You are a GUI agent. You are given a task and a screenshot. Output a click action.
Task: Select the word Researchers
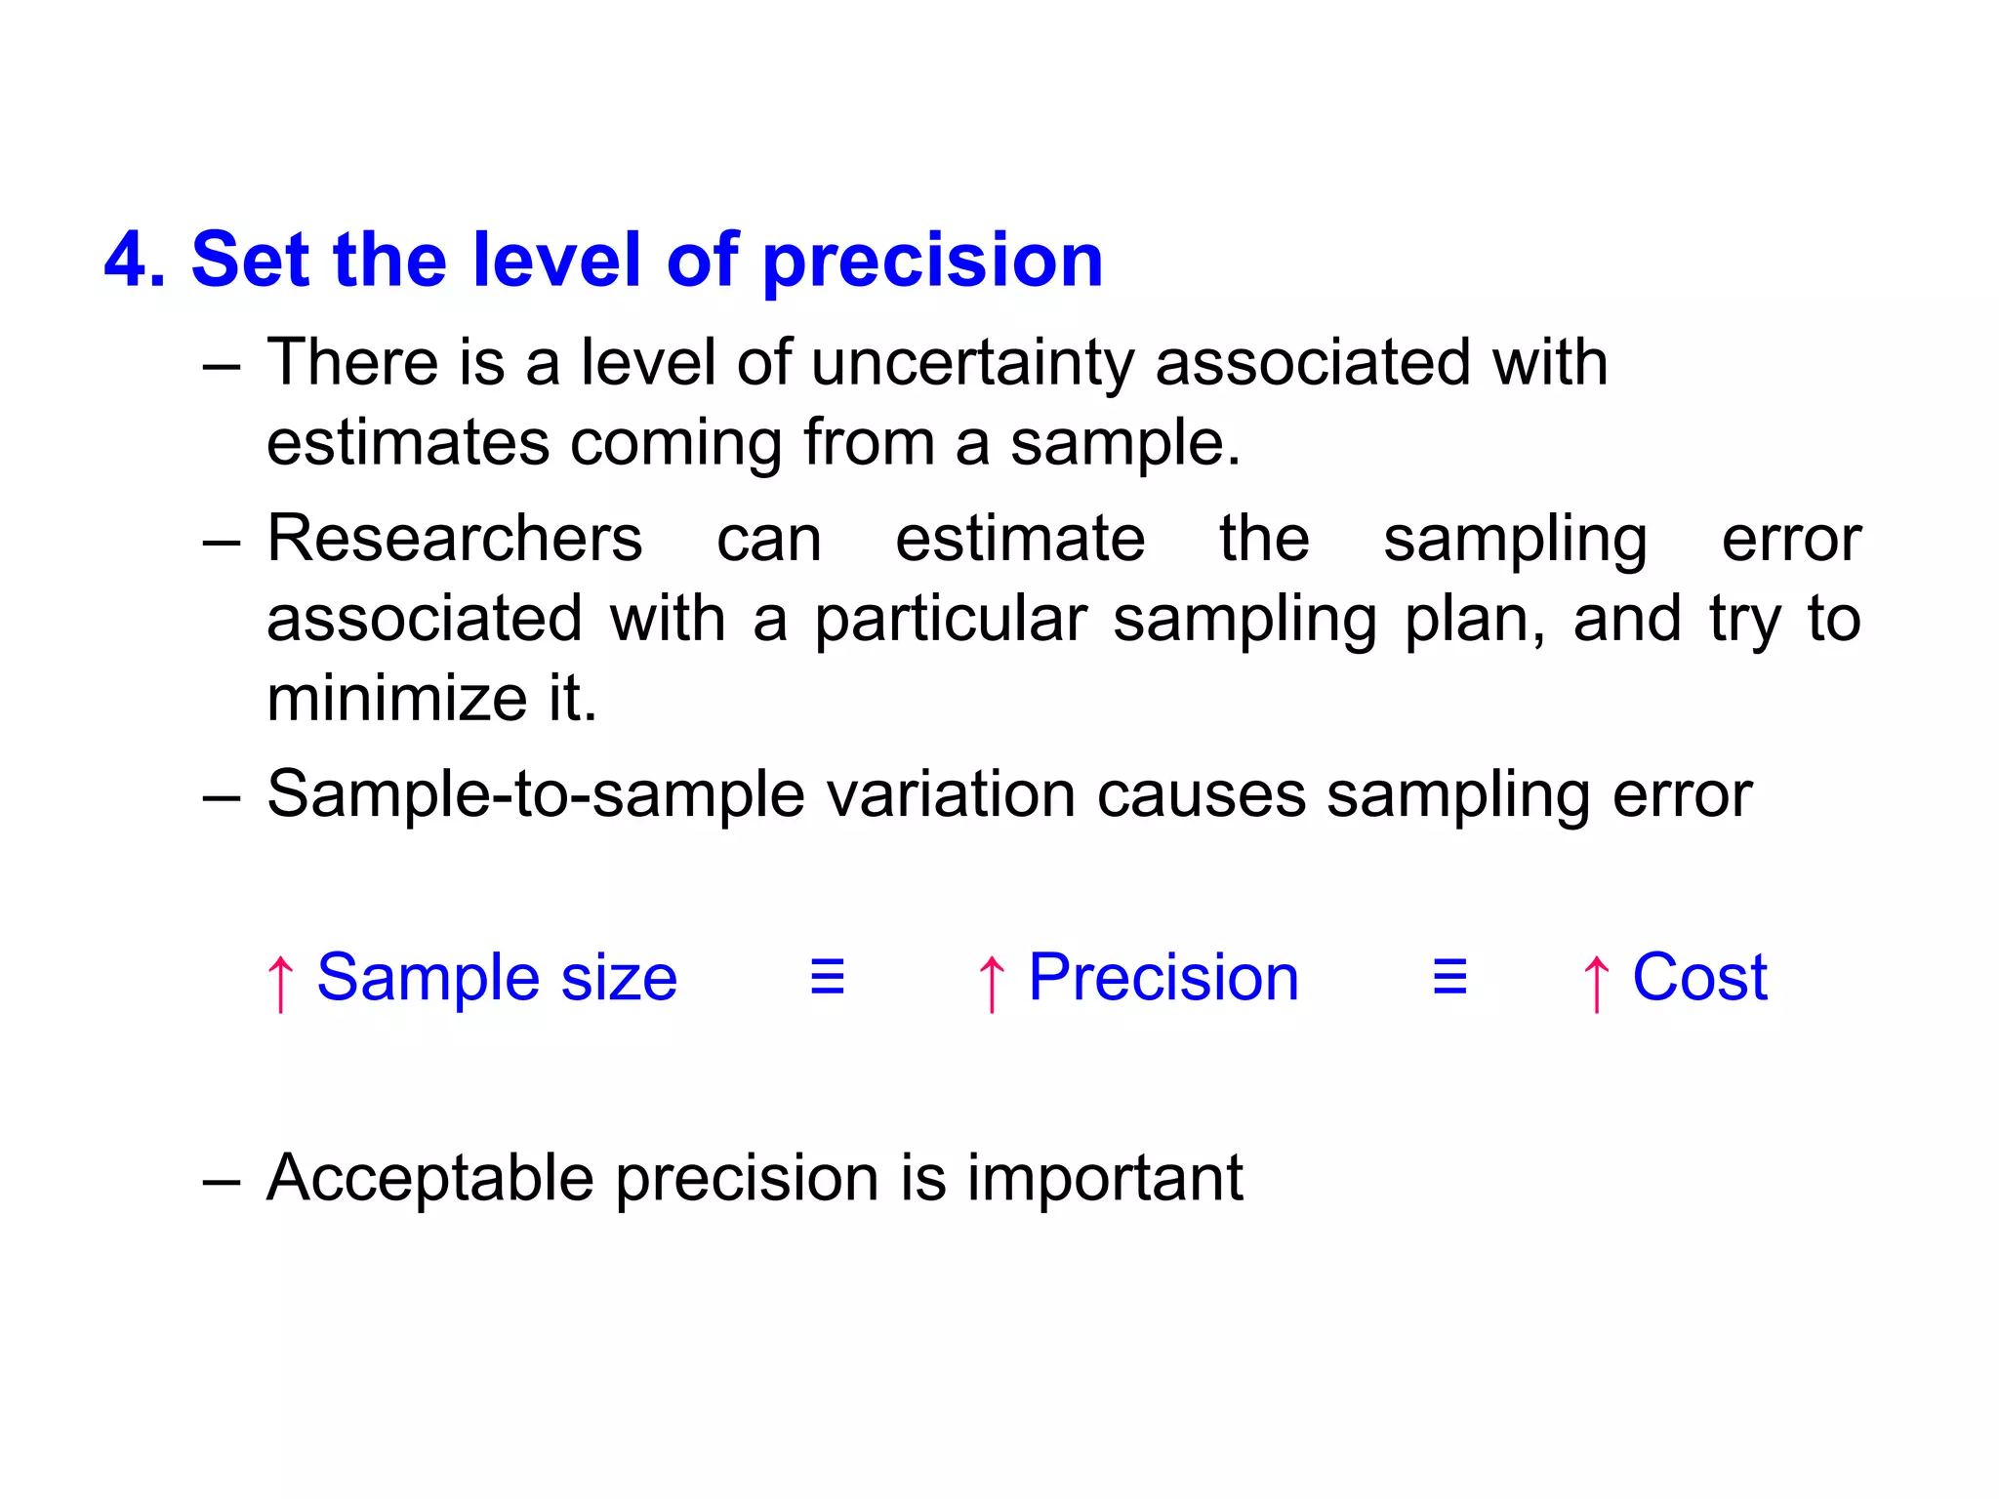(455, 539)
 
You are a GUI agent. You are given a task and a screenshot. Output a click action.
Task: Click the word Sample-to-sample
(536, 794)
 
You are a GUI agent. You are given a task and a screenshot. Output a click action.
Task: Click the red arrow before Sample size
(280, 982)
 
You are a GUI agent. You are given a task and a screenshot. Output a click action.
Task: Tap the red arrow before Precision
(991, 982)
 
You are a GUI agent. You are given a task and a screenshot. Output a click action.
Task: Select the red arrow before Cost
(1596, 982)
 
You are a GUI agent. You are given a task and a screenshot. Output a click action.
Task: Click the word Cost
(1699, 978)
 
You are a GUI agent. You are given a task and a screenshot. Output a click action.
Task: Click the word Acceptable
(429, 1179)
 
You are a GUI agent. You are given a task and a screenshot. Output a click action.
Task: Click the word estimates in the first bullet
(408, 444)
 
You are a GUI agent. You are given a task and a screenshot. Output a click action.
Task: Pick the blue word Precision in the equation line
(1163, 978)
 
